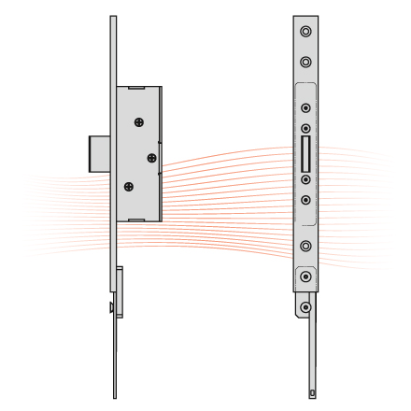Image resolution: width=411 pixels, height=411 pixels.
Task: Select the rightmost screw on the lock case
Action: pyautogui.click(x=149, y=157)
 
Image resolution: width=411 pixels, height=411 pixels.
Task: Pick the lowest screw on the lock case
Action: pyautogui.click(x=130, y=186)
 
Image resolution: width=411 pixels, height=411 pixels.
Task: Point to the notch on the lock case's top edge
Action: pyautogui.click(x=135, y=88)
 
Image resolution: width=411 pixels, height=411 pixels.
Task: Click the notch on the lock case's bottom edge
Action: pyautogui.click(x=135, y=220)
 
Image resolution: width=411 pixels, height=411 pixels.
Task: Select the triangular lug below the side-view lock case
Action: pyautogui.click(x=111, y=306)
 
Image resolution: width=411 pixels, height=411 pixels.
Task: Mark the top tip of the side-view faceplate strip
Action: pyautogui.click(x=113, y=17)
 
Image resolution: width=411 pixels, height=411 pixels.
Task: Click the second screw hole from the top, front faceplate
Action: pyautogui.click(x=305, y=63)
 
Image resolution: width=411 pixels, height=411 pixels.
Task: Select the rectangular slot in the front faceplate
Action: pyautogui.click(x=305, y=149)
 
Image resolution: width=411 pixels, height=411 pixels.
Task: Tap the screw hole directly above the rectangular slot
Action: pyautogui.click(x=305, y=127)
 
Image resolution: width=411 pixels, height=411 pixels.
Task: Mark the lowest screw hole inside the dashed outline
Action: pyautogui.click(x=305, y=198)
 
